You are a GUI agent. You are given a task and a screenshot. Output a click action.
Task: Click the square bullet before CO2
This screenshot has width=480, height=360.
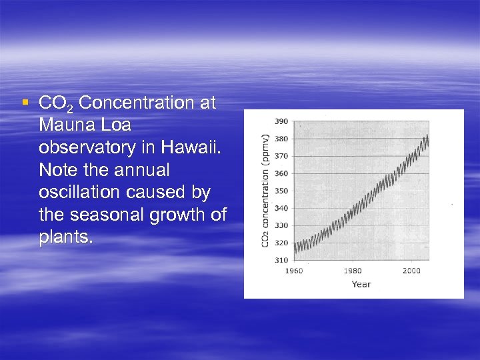coord(25,102)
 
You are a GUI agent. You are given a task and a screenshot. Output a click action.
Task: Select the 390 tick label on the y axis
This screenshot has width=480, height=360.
coord(281,121)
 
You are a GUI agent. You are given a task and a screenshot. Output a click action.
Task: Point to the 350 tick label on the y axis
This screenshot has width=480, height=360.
coord(281,191)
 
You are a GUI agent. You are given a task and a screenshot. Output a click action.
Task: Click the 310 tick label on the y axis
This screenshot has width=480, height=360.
coord(281,259)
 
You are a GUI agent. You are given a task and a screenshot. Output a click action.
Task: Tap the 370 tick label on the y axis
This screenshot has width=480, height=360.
coord(281,156)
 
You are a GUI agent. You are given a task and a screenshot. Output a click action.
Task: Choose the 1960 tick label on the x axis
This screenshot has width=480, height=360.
coord(294,271)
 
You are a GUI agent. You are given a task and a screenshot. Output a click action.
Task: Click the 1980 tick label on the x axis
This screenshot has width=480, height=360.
coord(353,271)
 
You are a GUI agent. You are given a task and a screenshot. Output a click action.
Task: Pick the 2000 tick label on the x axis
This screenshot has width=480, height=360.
coord(411,271)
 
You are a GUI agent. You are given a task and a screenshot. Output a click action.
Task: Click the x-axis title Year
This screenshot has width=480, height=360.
coord(361,285)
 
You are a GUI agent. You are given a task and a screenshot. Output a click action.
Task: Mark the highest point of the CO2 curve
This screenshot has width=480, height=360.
coord(427,135)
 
